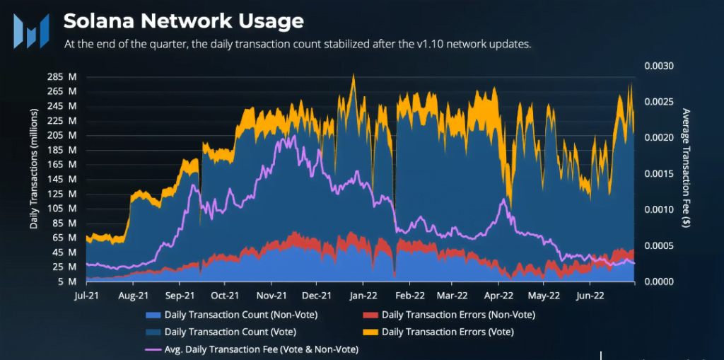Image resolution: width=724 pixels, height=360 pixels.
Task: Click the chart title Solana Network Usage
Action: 183,21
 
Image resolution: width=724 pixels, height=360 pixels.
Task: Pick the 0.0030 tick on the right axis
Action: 660,66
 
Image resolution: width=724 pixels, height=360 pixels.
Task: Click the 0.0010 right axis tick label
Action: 660,209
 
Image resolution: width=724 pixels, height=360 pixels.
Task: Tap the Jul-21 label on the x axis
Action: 86,296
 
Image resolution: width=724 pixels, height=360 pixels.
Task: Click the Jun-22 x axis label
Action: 590,296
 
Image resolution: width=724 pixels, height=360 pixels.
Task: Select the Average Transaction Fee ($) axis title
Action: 684,168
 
